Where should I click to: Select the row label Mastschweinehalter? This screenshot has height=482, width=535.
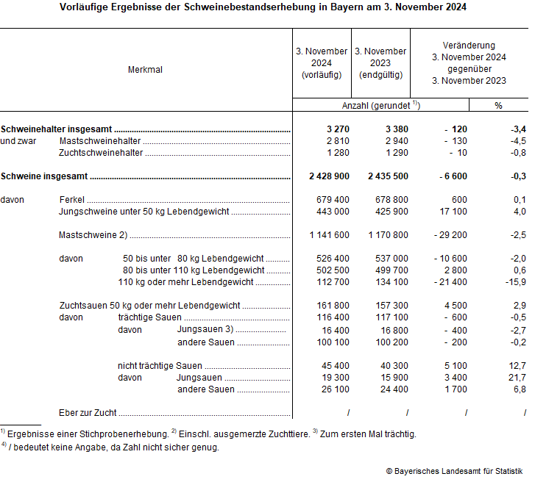(99, 141)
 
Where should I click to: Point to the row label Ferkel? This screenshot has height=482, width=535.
(71, 200)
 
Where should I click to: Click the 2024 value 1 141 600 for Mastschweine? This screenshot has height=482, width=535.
(324, 235)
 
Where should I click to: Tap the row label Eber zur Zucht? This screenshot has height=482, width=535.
(88, 413)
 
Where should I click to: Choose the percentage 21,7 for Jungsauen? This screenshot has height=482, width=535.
(517, 378)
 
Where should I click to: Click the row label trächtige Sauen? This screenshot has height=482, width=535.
(149, 317)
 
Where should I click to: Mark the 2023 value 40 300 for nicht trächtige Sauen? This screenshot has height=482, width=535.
(392, 366)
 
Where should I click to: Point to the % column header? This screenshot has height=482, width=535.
(498, 106)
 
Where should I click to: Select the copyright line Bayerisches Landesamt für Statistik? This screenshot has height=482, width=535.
(454, 470)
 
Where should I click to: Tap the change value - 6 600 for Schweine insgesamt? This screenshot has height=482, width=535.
(449, 176)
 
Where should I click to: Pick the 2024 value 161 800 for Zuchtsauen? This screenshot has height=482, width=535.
(332, 306)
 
